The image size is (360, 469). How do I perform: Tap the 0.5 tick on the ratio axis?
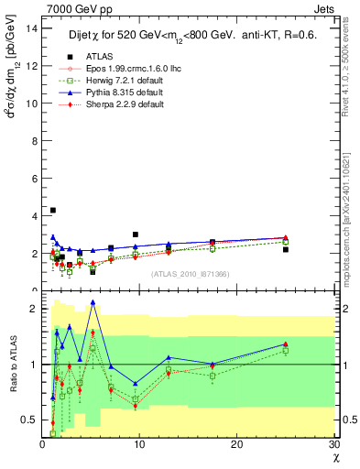[28, 420]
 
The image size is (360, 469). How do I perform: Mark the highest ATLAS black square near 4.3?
[52, 210]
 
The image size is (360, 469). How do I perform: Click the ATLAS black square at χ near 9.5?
[136, 234]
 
